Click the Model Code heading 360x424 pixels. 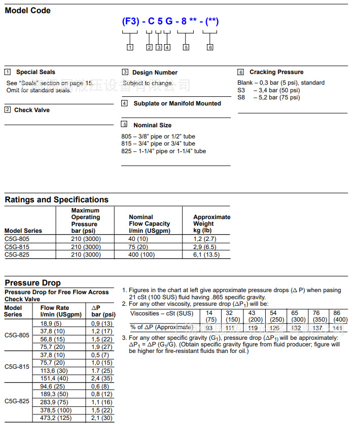[x=28, y=10]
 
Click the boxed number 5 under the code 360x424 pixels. [x=186, y=47]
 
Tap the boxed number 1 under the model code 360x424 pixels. [x=130, y=47]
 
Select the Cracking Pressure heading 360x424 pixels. [x=276, y=72]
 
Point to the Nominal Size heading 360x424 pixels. [x=152, y=125]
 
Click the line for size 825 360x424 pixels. [x=163, y=151]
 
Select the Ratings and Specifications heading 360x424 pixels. [x=56, y=200]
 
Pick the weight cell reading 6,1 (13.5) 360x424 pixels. [x=206, y=255]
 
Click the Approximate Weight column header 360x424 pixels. [x=211, y=224]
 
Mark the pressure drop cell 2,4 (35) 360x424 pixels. [x=101, y=378]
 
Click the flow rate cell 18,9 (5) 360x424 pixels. [x=52, y=323]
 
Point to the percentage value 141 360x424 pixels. [x=337, y=327]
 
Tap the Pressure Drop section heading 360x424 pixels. [x=32, y=282]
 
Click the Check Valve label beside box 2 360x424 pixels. [x=31, y=110]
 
